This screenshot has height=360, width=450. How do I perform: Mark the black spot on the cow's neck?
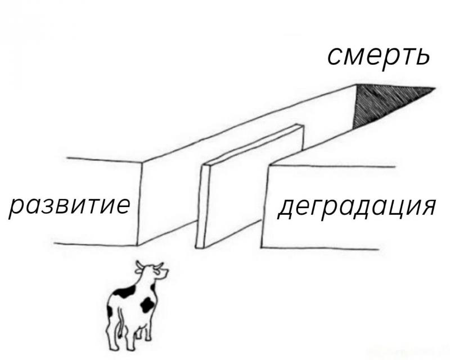(153, 287)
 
